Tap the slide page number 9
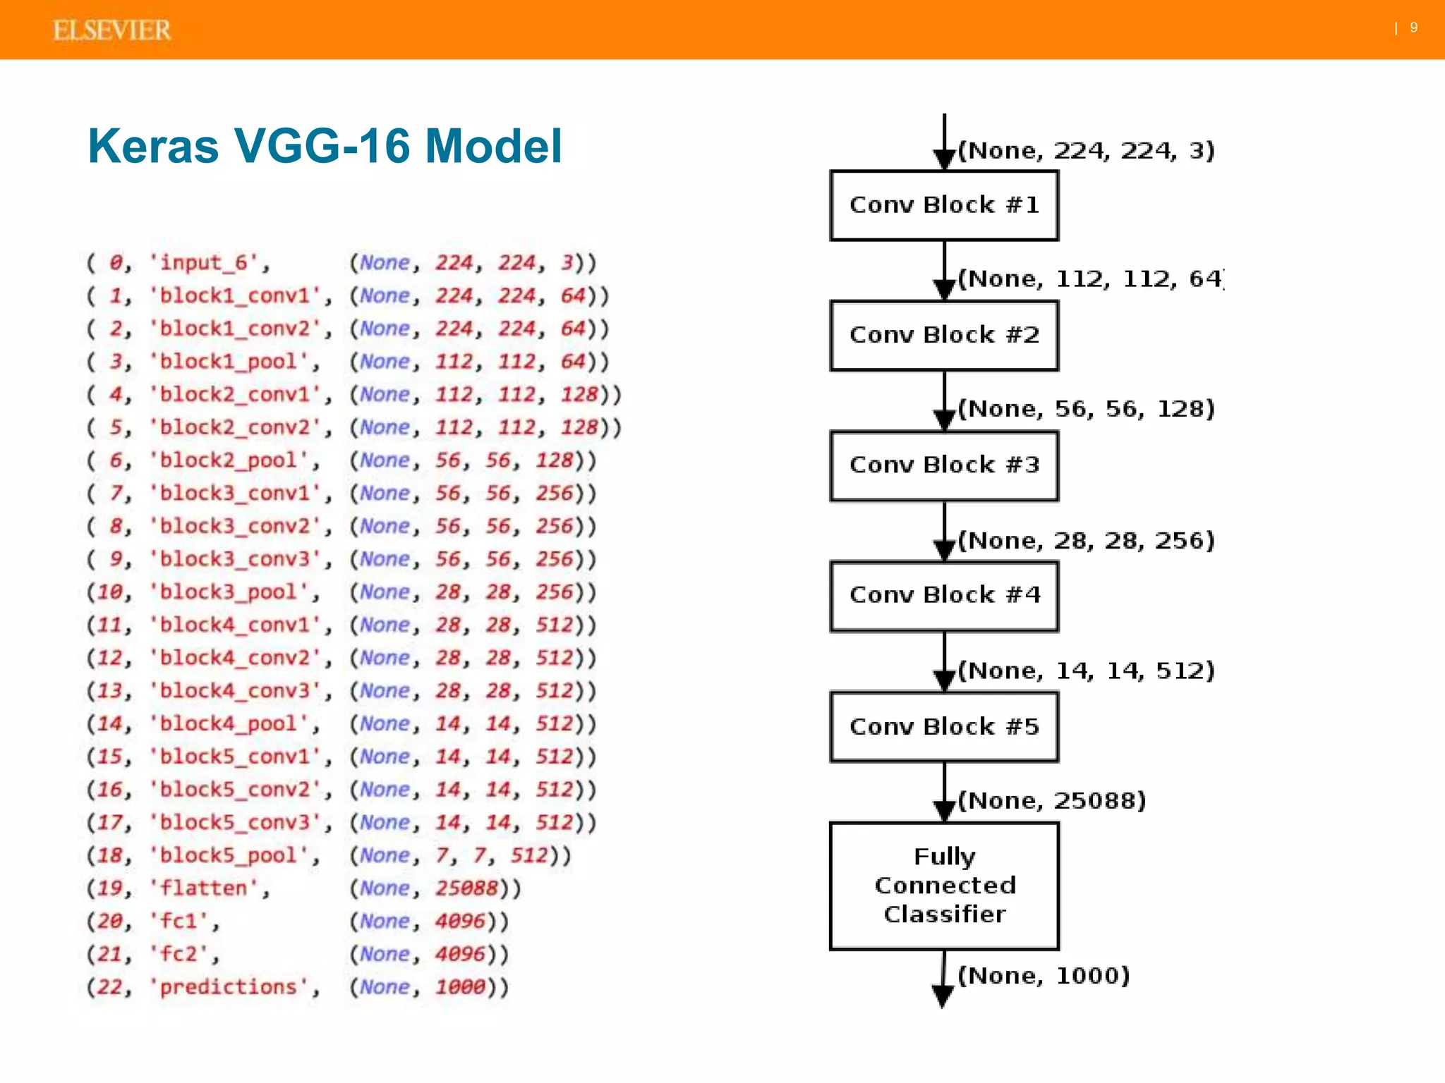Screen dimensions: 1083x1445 [x=1413, y=27]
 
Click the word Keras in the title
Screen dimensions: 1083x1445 [x=153, y=146]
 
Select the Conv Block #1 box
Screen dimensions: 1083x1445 [x=944, y=205]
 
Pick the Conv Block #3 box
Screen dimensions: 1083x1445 [x=944, y=465]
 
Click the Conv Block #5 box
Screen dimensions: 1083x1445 [x=944, y=726]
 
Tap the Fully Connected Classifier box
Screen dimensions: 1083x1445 [x=944, y=886]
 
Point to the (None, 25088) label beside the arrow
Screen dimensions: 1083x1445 [x=1051, y=801]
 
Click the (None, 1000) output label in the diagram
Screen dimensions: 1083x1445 [x=1043, y=976]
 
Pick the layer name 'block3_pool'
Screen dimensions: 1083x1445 [x=234, y=592]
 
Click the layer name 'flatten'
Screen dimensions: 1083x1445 [x=209, y=888]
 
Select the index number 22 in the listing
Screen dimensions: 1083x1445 [x=109, y=987]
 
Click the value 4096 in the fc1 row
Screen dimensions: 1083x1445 [x=460, y=922]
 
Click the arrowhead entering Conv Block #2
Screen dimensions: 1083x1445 [x=944, y=289]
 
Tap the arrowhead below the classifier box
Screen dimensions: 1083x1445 [x=943, y=996]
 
